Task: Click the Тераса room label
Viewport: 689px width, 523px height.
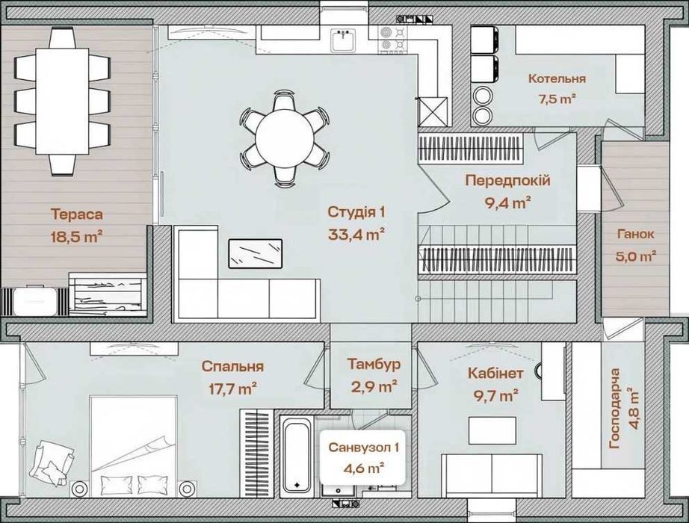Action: pos(77,214)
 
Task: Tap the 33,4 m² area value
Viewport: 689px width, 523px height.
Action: pos(356,235)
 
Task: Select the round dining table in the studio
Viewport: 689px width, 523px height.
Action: pos(285,137)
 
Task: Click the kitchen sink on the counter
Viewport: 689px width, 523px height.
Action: pos(343,40)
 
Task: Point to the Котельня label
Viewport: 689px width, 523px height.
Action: pos(557,78)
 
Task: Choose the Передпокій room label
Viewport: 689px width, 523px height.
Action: pos(508,180)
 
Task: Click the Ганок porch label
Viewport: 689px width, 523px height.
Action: pos(635,234)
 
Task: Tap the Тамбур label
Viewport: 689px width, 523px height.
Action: pos(374,365)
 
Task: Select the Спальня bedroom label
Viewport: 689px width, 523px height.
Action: pos(232,367)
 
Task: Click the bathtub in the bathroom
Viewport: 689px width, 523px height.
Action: pos(297,455)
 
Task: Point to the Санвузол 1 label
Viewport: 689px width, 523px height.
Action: pos(364,448)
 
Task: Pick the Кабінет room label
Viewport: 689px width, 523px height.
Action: pos(495,374)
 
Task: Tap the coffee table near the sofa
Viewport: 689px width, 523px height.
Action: pos(255,253)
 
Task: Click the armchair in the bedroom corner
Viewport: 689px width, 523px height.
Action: pos(52,462)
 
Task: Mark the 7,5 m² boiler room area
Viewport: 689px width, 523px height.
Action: pos(557,99)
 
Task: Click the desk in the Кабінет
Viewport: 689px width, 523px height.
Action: pos(492,430)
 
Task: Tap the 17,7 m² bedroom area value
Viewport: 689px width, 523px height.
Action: pos(232,389)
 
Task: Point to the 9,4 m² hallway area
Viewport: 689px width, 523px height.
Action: pos(508,202)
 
